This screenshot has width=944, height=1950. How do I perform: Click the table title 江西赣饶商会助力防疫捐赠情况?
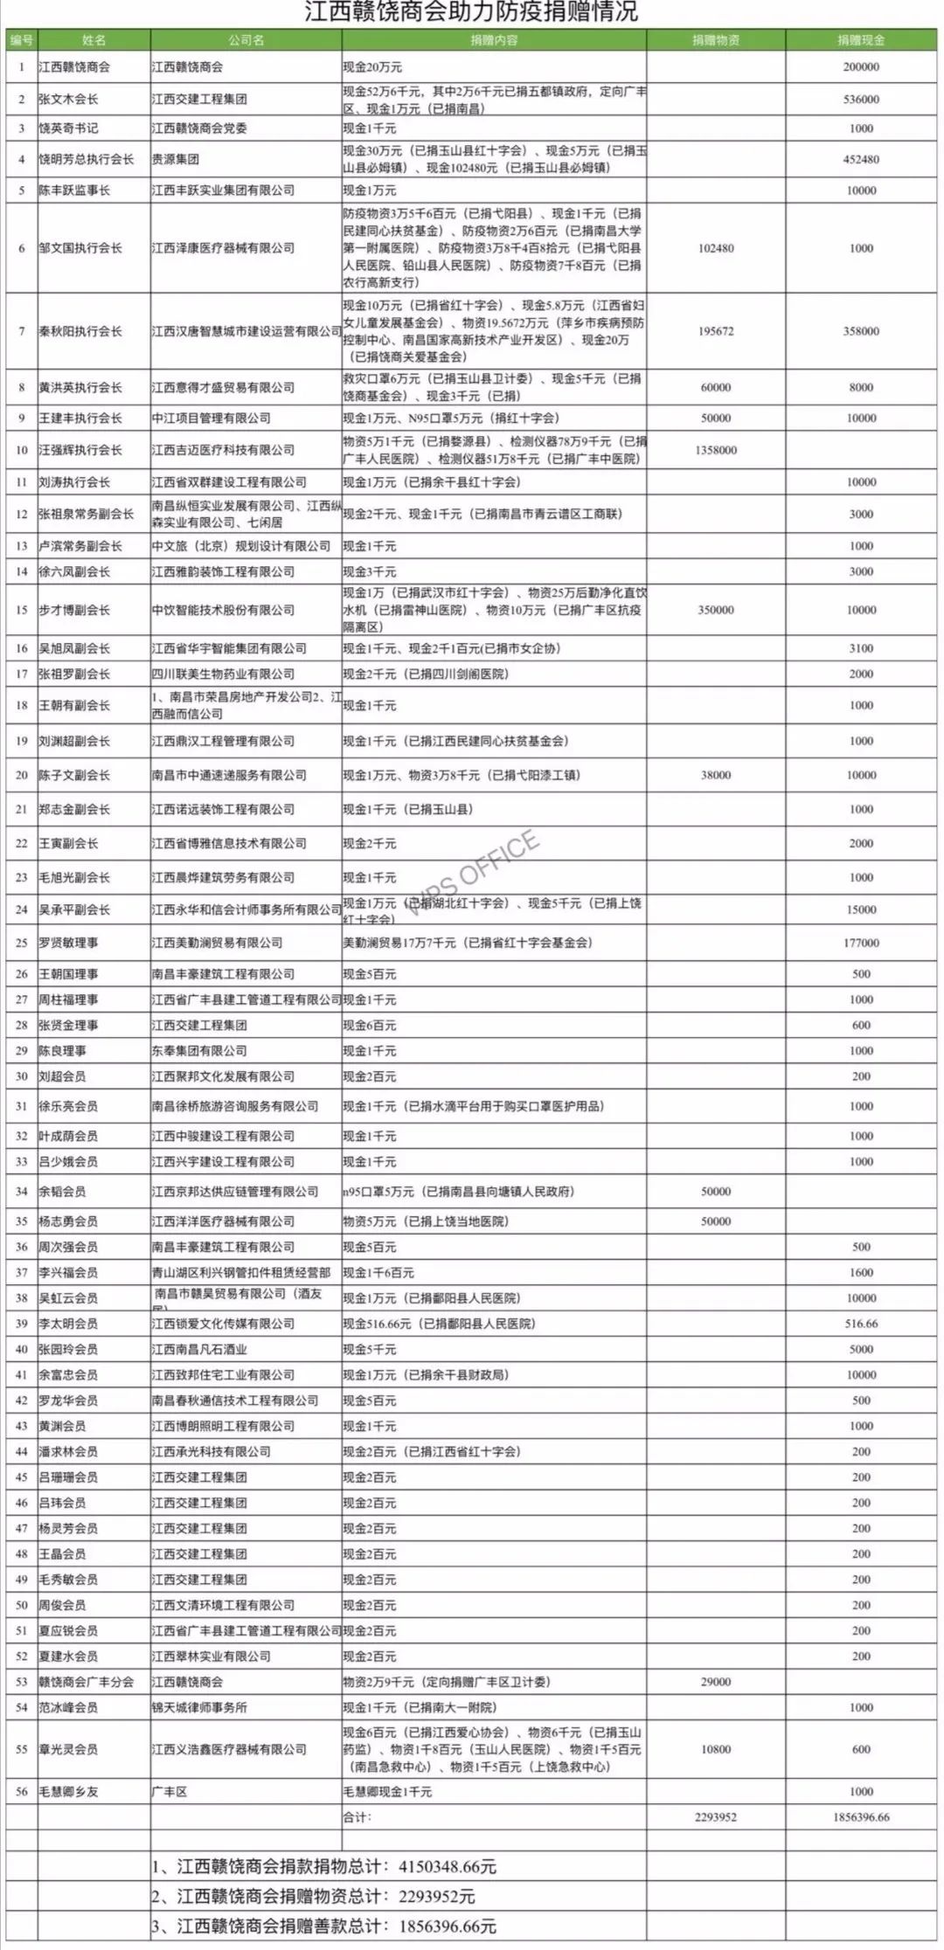pos(471,13)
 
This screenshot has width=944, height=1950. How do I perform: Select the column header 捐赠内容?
pos(494,40)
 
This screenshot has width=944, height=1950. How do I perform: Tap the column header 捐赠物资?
pos(716,40)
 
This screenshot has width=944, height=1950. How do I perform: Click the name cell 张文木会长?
pos(74,100)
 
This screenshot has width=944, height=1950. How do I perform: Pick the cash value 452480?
pos(861,160)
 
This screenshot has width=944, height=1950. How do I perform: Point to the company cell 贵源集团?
pos(175,160)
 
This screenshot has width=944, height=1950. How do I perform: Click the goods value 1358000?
pos(716,450)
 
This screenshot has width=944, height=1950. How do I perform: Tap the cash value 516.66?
pos(861,1324)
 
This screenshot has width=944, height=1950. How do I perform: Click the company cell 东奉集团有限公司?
pos(199,1050)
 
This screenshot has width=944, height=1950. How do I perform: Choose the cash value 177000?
pos(861,943)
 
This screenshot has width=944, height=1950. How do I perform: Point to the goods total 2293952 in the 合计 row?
pos(716,1816)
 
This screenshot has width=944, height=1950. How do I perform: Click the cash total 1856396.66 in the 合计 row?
pos(861,1816)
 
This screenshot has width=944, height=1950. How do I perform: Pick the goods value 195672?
pos(716,331)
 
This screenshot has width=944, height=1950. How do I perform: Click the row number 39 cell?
pos(21,1324)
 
